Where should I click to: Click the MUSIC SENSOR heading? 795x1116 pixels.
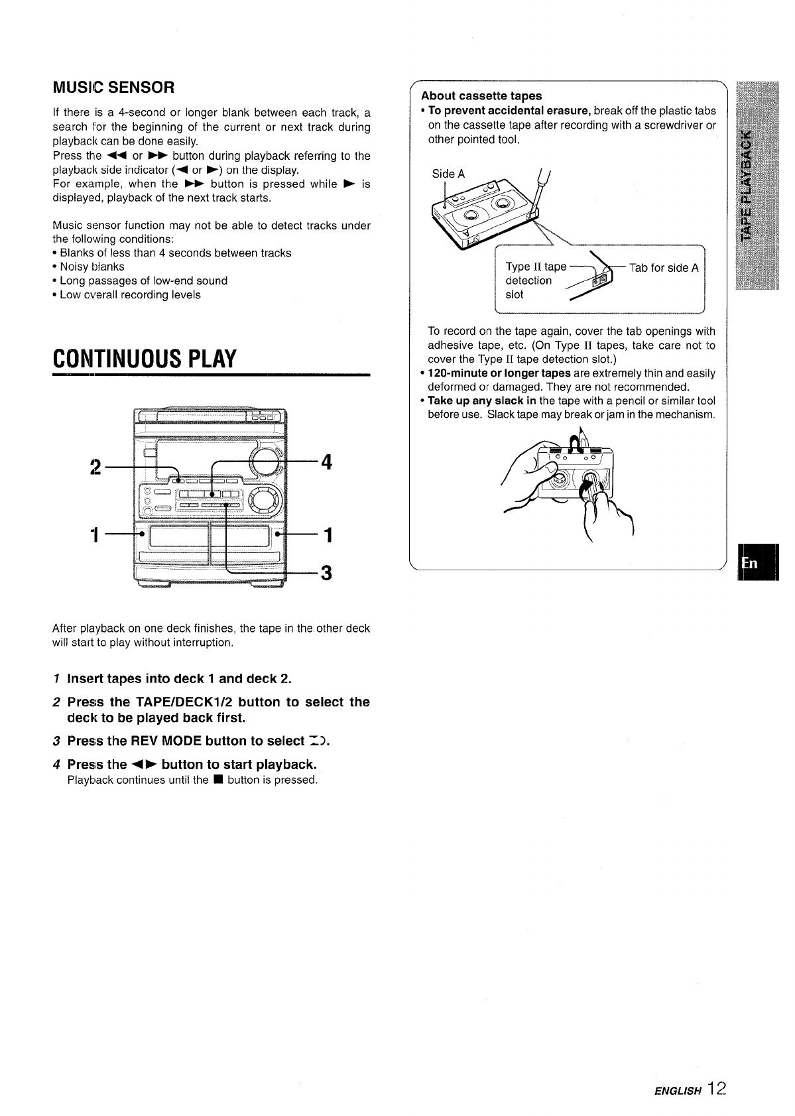pos(113,87)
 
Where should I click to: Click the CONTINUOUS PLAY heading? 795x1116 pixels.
pos(145,358)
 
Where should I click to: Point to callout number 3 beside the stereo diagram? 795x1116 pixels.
pos(326,572)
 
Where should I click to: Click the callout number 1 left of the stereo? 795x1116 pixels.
pos(96,534)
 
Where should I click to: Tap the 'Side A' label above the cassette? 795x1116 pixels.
pos(448,174)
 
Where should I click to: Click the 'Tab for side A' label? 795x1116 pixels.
pos(664,268)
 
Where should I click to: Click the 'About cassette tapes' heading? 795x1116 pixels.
pos(481,95)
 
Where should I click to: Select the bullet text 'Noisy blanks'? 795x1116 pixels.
pos(92,267)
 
